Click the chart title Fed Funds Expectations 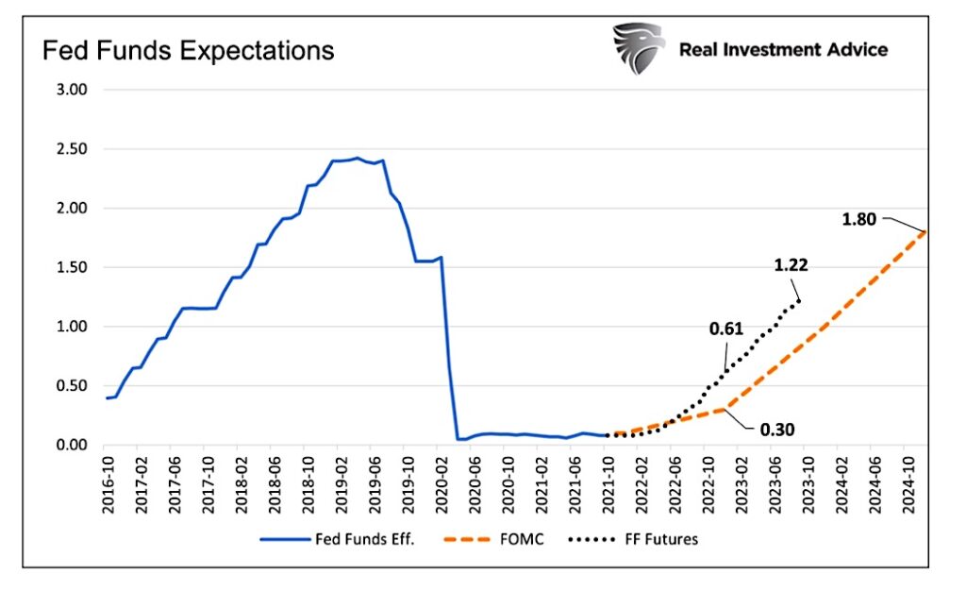189,50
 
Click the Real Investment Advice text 783,50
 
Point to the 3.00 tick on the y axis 67,90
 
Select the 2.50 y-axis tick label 67,149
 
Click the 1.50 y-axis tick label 67,267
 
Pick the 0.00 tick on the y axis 67,445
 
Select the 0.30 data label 776,430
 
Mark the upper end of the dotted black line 800,300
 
